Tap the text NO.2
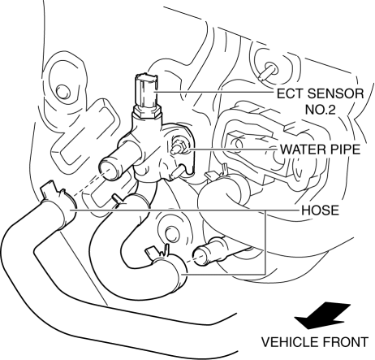tap(320, 110)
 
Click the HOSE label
tap(320, 210)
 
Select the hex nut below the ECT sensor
tap(146, 112)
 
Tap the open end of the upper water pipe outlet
tap(110, 170)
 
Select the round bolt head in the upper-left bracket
tap(63, 92)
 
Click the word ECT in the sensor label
tap(290, 93)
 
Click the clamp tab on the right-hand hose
tap(217, 173)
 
